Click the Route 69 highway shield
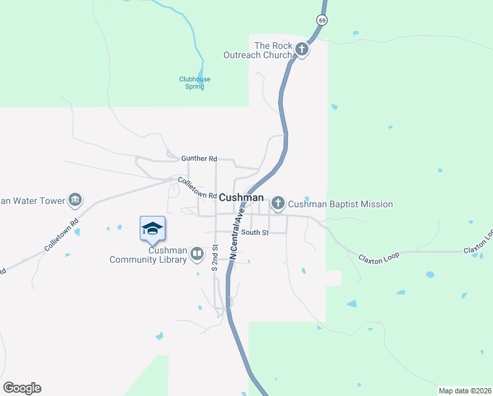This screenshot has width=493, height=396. (x=322, y=21)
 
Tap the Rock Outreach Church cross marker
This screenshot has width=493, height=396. (x=302, y=49)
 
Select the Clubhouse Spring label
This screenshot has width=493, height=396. (x=194, y=82)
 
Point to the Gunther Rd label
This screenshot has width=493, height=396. (x=199, y=158)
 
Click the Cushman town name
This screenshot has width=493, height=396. (x=241, y=198)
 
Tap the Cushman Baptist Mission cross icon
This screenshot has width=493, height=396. (x=278, y=203)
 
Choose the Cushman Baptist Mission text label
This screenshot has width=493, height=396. (x=341, y=204)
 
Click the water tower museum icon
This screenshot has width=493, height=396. (x=75, y=200)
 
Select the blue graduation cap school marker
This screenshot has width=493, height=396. (x=152, y=228)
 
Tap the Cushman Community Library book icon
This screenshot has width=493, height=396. (x=196, y=254)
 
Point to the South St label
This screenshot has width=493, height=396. (x=254, y=232)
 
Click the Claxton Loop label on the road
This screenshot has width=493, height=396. (x=378, y=256)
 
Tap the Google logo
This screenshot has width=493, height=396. (x=22, y=388)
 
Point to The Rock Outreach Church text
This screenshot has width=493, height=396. (x=273, y=50)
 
